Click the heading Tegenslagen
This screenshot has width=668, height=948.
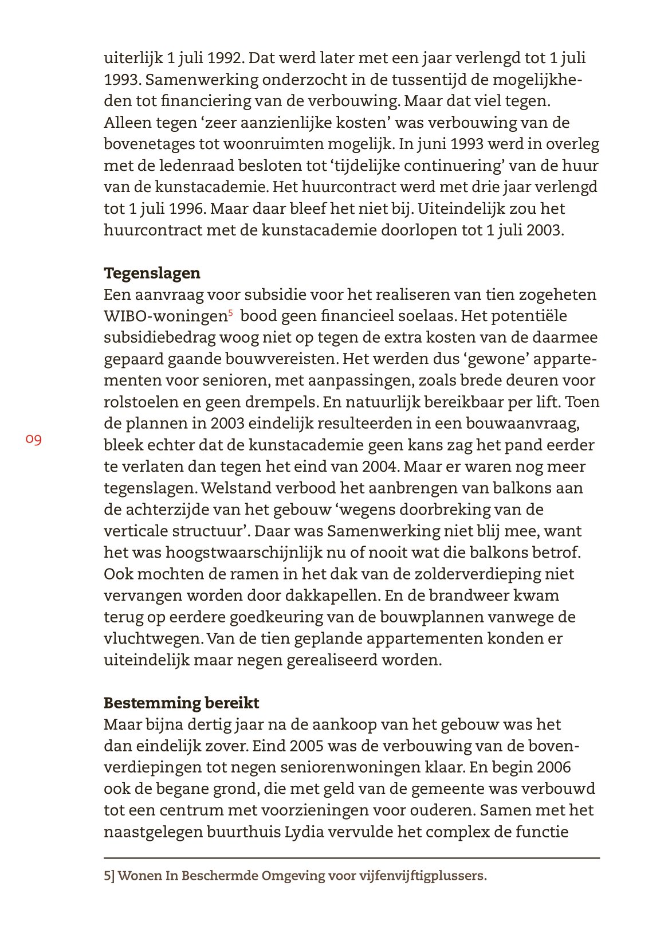[x=152, y=273]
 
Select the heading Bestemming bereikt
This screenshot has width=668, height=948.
[x=181, y=703]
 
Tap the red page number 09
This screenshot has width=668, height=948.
[x=33, y=440]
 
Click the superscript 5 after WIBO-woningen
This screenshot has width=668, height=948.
[x=230, y=313]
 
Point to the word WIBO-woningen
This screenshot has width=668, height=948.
[x=165, y=316]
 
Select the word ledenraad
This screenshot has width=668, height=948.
[x=188, y=166]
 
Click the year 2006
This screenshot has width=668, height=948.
[x=551, y=767]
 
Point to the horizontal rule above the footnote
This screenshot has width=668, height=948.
[x=351, y=857]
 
